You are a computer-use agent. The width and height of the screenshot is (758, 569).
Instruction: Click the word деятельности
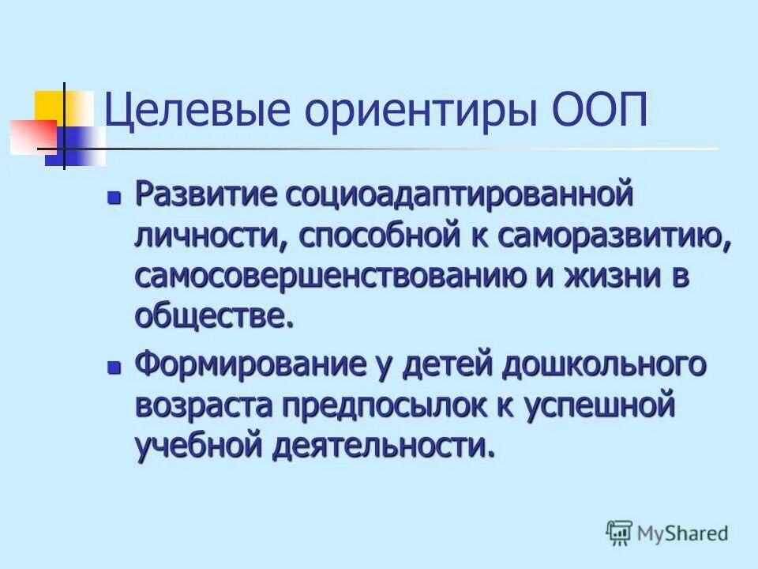tap(380, 447)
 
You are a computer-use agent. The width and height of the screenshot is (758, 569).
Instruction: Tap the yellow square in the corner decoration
tap(50, 104)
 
